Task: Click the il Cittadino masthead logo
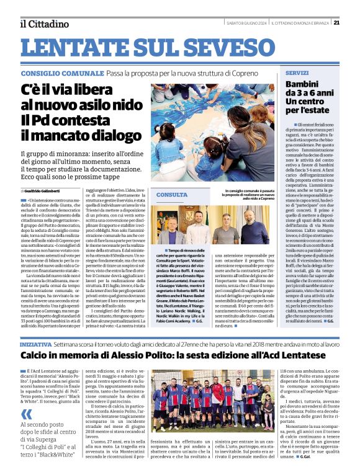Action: [x=44, y=24]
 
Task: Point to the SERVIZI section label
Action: [x=297, y=73]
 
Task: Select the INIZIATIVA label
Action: [x=35, y=344]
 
